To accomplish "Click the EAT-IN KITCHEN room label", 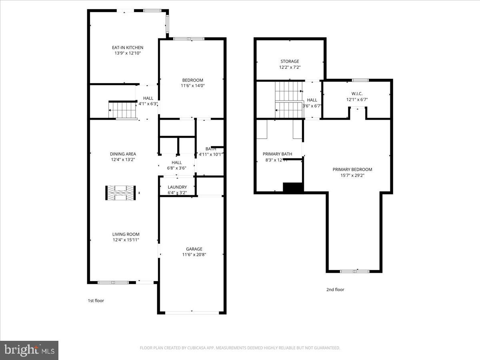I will [128, 48].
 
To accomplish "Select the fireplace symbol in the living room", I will [120, 193].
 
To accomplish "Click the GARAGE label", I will [194, 249].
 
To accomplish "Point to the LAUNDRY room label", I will [177, 187].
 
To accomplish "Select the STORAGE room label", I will [290, 62].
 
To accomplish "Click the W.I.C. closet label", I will [357, 94].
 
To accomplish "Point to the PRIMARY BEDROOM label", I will [352, 170].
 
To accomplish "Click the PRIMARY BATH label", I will [277, 154].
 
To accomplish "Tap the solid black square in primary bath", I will [293, 187].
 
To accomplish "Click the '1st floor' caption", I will [96, 300].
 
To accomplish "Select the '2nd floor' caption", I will [335, 290].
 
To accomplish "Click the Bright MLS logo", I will [29, 350].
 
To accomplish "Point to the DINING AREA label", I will [123, 154].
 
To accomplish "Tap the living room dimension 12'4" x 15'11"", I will [126, 240].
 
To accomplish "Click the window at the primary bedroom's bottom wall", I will [354, 272].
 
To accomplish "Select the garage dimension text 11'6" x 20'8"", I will [194, 254].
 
